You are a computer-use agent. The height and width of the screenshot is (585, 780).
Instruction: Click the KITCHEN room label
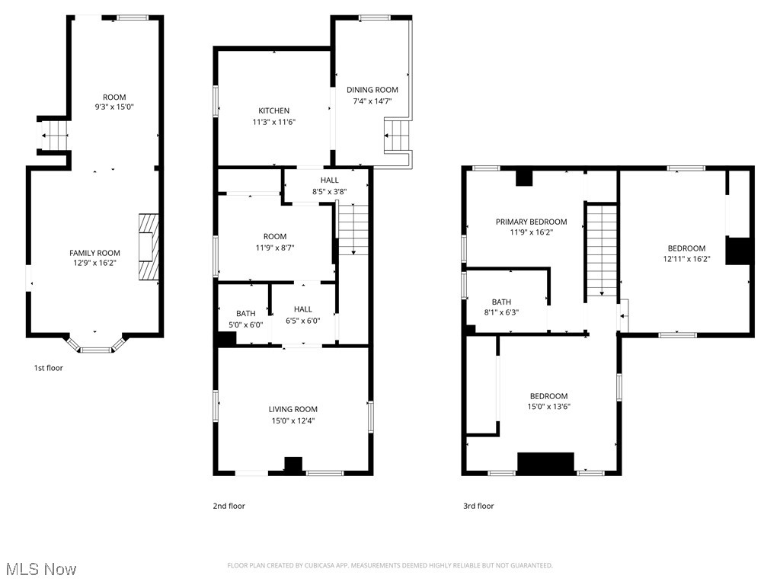(x=273, y=110)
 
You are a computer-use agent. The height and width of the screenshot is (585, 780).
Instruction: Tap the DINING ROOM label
(x=372, y=90)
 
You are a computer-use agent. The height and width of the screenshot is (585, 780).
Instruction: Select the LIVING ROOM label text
(x=293, y=409)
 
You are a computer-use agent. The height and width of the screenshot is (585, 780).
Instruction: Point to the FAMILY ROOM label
(x=95, y=253)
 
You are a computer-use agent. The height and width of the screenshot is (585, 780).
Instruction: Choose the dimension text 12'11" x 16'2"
(x=686, y=258)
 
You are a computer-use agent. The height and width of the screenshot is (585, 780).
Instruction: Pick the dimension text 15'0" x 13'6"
(x=548, y=407)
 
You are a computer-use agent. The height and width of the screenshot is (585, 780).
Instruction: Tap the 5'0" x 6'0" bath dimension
(x=245, y=324)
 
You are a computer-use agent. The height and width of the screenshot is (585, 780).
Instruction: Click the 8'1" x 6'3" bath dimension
(x=501, y=312)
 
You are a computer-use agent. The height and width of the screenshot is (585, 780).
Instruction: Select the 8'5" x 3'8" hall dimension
(x=329, y=191)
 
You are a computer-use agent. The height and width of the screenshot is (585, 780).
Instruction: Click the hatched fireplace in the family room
(x=149, y=248)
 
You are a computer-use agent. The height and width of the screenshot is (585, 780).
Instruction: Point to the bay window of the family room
(x=95, y=347)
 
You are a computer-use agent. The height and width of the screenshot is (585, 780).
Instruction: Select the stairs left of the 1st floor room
(x=55, y=137)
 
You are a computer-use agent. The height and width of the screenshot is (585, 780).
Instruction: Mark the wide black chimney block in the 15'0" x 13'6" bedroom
(x=545, y=463)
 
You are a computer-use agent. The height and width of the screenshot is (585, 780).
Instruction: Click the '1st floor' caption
(x=48, y=368)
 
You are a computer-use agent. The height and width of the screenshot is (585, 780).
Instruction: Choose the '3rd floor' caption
(x=478, y=506)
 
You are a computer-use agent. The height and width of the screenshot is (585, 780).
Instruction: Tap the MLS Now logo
(x=40, y=569)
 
